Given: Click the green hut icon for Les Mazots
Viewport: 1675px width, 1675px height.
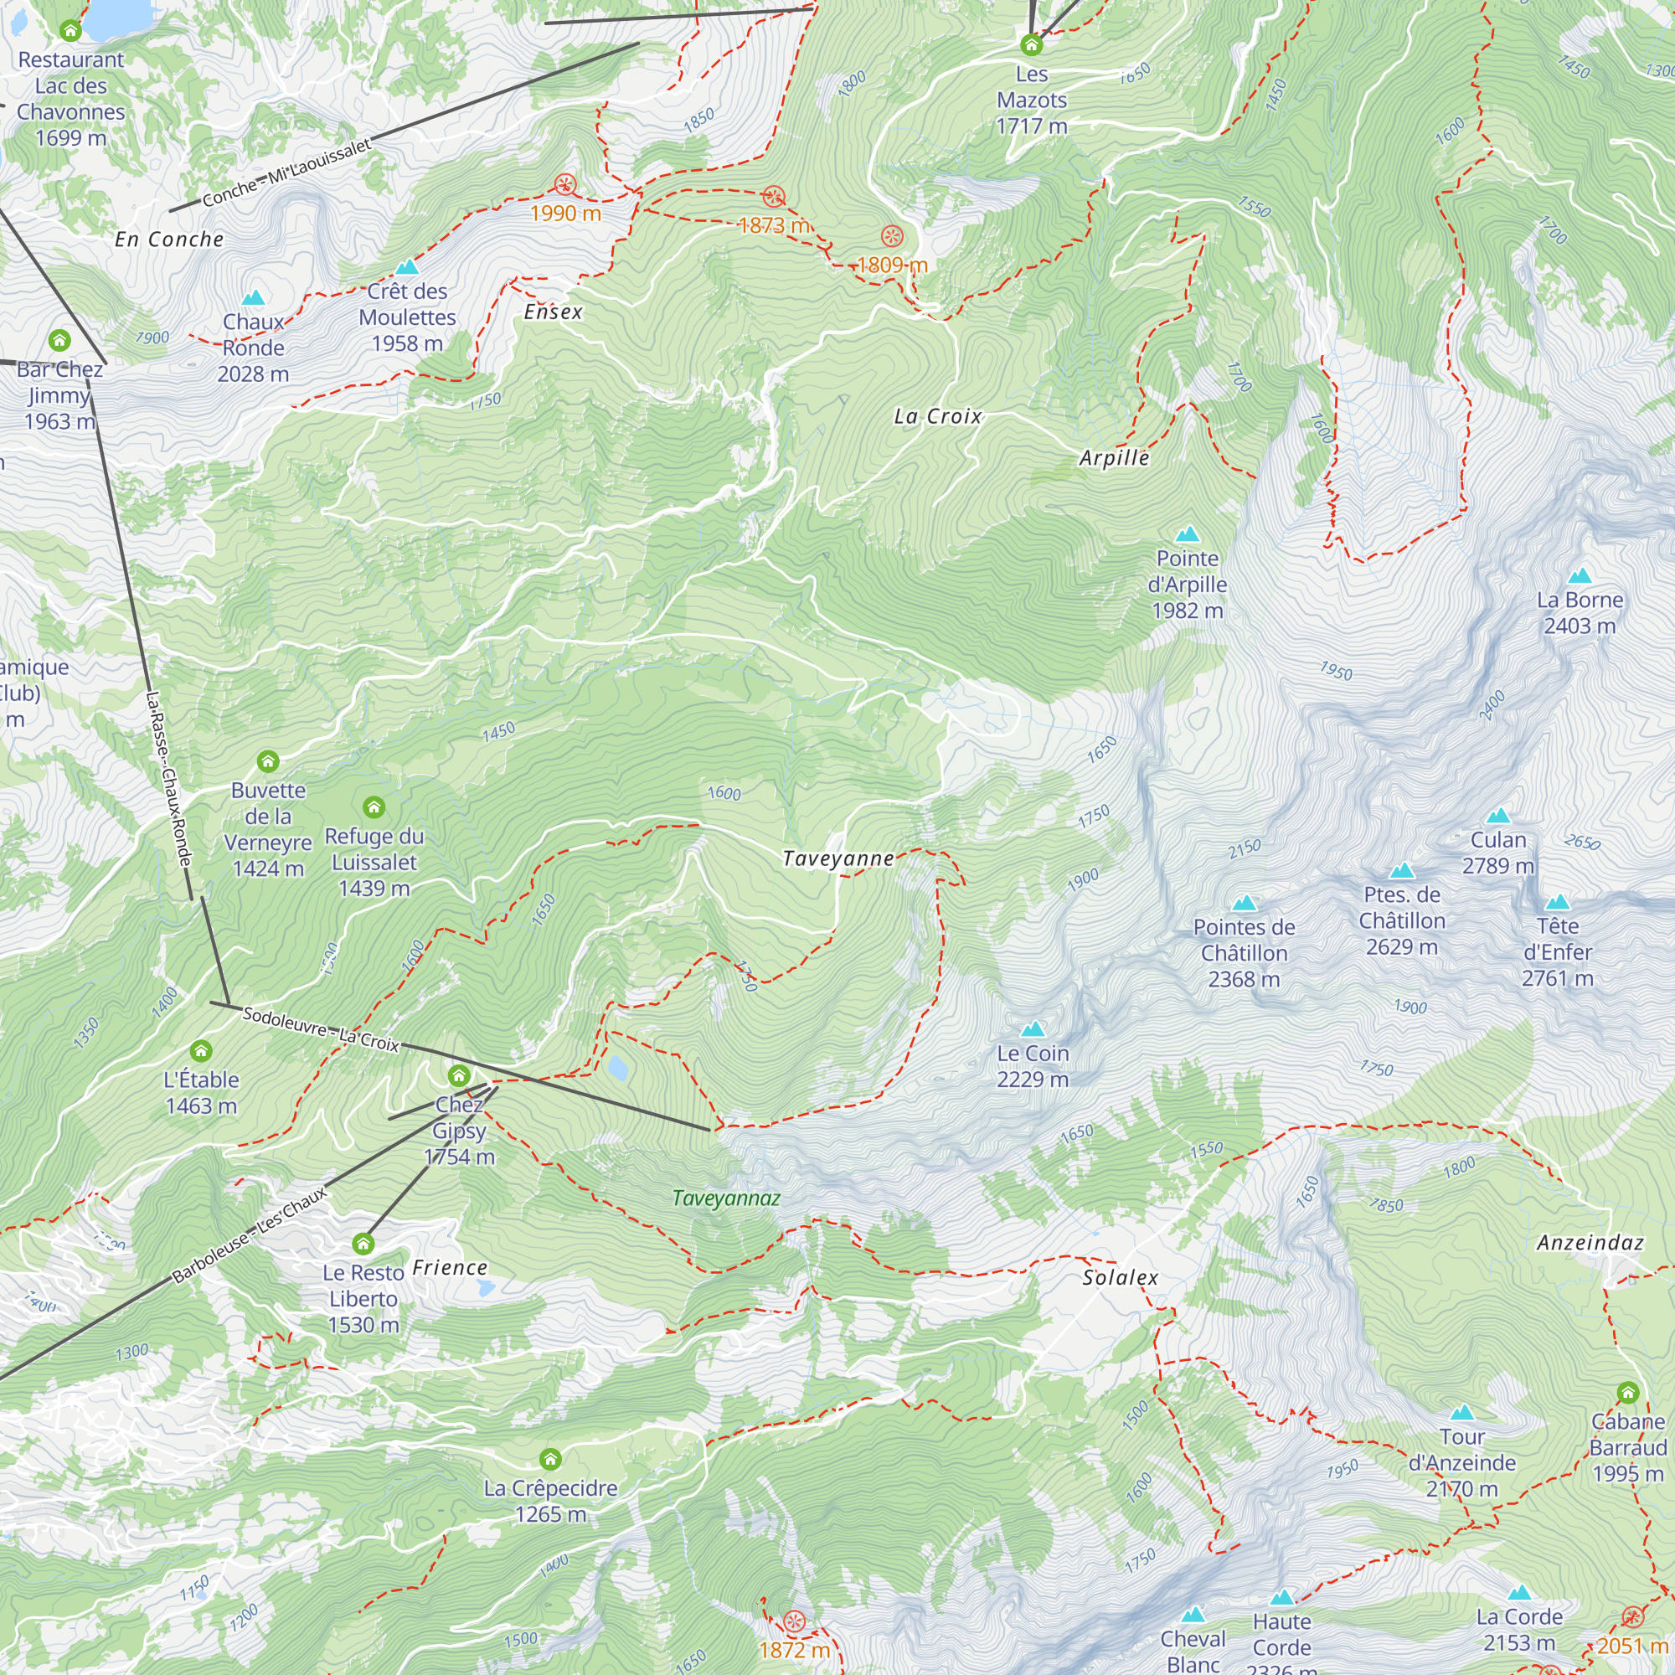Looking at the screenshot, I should pyautogui.click(x=1031, y=44).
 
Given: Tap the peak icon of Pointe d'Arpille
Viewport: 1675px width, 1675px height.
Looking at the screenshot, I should pyautogui.click(x=1187, y=534).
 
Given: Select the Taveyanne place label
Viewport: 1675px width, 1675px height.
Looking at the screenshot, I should pyautogui.click(x=837, y=858).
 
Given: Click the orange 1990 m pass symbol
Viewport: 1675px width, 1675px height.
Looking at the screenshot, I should pyautogui.click(x=565, y=183).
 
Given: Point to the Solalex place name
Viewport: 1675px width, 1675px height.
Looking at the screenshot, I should pyautogui.click(x=1120, y=1277).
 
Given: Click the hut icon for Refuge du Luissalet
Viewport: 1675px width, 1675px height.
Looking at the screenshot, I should pyautogui.click(x=374, y=807).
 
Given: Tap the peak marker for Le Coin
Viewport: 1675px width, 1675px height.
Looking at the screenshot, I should pyautogui.click(x=1033, y=1029).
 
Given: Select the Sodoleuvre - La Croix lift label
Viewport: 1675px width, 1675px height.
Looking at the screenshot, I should pyautogui.click(x=321, y=1029).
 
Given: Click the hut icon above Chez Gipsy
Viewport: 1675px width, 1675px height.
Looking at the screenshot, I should pyautogui.click(x=459, y=1076).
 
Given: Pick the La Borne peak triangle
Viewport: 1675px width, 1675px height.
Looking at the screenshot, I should pyautogui.click(x=1580, y=575).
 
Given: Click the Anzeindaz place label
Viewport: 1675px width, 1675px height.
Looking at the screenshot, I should pyautogui.click(x=1590, y=1242).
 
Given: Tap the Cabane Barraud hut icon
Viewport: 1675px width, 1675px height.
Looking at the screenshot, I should pyautogui.click(x=1627, y=1393).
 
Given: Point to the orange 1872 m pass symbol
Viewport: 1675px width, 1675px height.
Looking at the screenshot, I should pyautogui.click(x=794, y=1621).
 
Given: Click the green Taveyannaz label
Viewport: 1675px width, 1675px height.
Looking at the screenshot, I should pyautogui.click(x=726, y=1198).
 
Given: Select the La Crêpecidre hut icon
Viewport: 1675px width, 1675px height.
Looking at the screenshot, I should pyautogui.click(x=550, y=1458).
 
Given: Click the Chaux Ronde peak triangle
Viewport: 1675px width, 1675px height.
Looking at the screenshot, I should pyautogui.click(x=253, y=298).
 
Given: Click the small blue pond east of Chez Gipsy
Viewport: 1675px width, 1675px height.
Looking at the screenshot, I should pyautogui.click(x=617, y=1067).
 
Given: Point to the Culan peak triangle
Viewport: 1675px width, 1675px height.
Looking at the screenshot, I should pyautogui.click(x=1498, y=816).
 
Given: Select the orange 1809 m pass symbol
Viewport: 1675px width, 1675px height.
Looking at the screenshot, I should pyautogui.click(x=892, y=236).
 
